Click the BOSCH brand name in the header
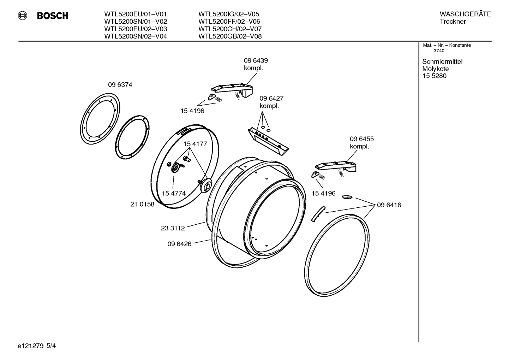pos(53,16)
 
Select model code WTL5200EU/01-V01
pos(136,14)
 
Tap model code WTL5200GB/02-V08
pos(230,36)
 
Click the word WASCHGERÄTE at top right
pos(465,14)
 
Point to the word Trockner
pos(453,22)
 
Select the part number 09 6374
pos(120,85)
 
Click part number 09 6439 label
pos(256,61)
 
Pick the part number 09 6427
pos(271,98)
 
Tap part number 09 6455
pos(361,139)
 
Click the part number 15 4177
pos(195,144)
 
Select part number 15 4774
pos(174,193)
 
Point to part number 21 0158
pos(142,204)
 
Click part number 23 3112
pos(173,228)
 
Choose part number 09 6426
pos(179,244)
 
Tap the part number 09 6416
pos(389,205)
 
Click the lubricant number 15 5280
pos(434,76)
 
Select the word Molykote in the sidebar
pos(435,69)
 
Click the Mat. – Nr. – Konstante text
pos(447,45)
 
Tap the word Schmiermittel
pos(442,62)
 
